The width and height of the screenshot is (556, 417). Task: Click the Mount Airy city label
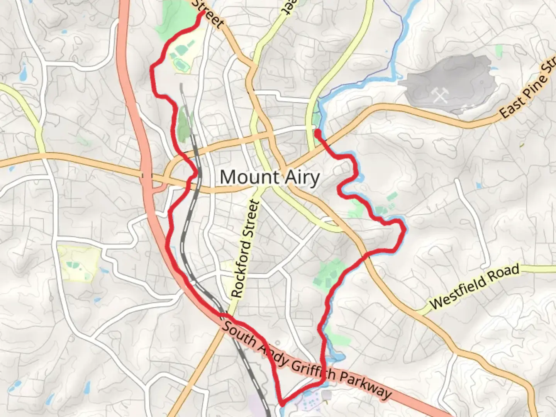(x=270, y=177)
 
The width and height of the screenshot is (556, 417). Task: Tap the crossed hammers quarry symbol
(x=440, y=94)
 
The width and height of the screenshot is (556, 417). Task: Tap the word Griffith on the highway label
(x=313, y=369)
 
